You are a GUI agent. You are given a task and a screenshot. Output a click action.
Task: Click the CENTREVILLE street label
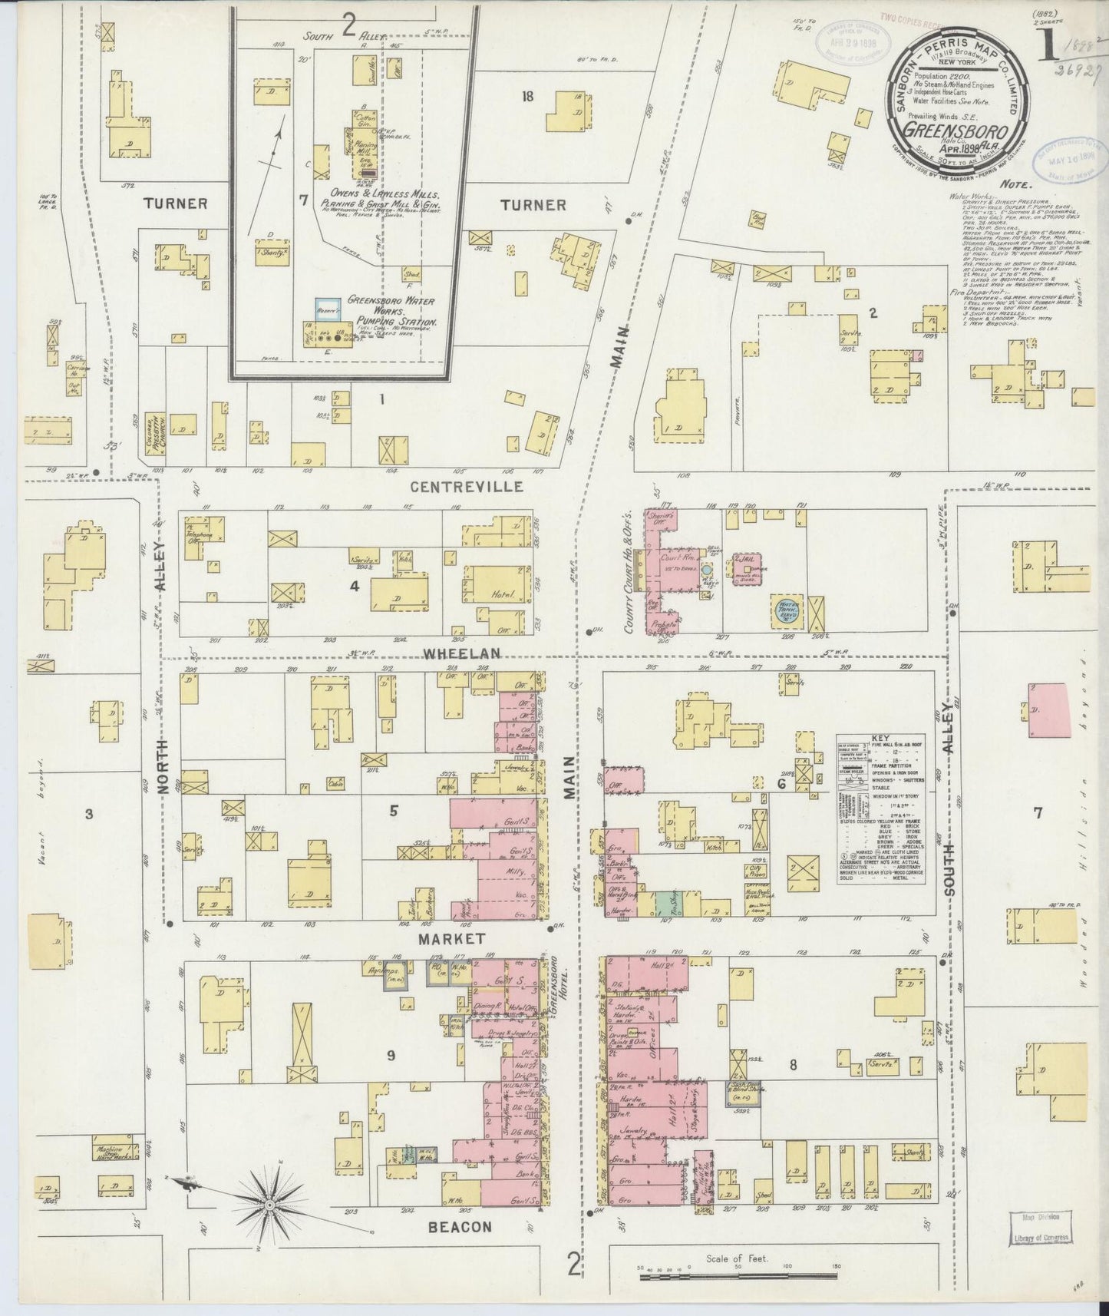pyautogui.click(x=467, y=487)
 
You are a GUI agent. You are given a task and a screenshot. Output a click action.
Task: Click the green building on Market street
pyautogui.click(x=662, y=904)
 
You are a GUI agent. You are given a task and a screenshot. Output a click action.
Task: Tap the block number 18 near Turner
pyautogui.click(x=527, y=97)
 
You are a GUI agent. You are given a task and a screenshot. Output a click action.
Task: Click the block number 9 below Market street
pyautogui.click(x=391, y=1056)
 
